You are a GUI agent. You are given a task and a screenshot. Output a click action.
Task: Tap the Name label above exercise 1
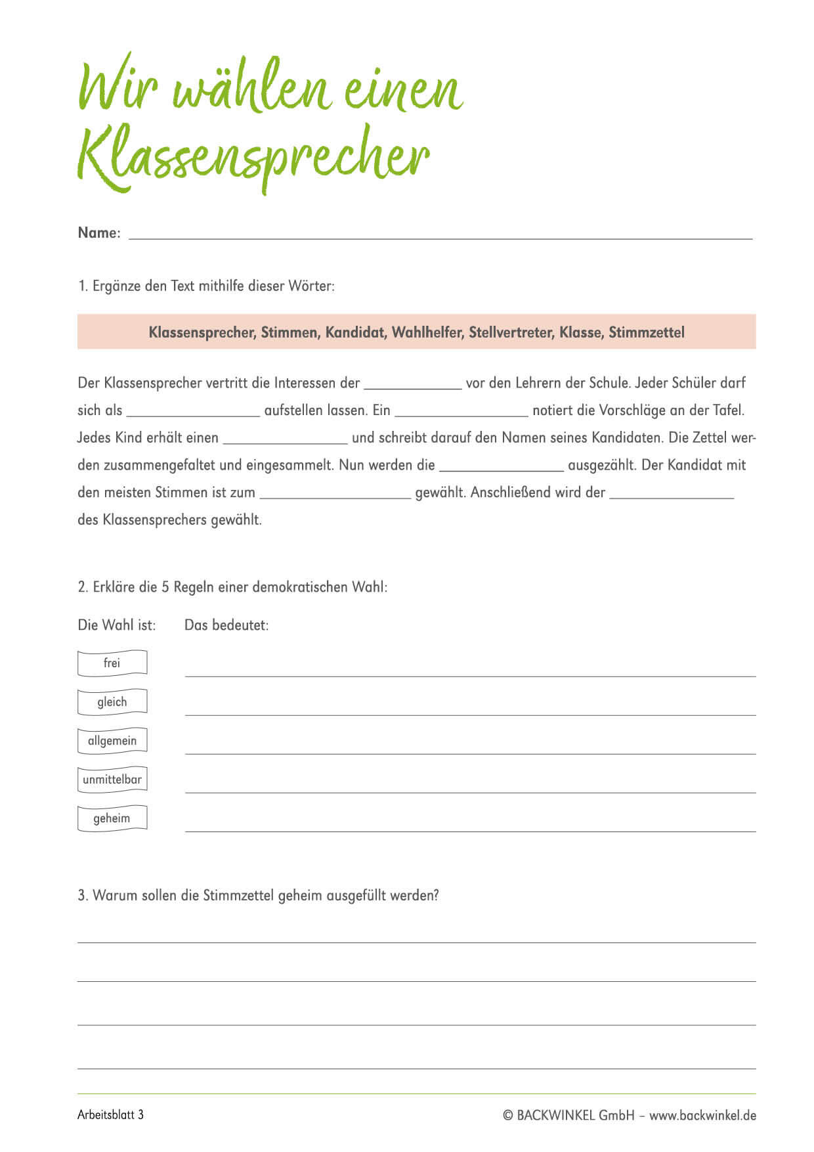pyautogui.click(x=98, y=233)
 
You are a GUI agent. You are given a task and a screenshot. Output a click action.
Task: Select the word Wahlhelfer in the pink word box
pyautogui.click(x=427, y=332)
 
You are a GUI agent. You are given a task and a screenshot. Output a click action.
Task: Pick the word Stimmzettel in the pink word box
pyautogui.click(x=646, y=332)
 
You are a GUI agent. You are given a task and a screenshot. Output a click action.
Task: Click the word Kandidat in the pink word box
pyautogui.click(x=354, y=332)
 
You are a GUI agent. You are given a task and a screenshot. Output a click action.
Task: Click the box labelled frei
pyautogui.click(x=112, y=663)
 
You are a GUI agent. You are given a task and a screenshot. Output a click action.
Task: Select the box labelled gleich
pyautogui.click(x=112, y=702)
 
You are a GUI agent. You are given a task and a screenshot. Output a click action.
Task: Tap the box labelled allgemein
pyautogui.click(x=112, y=741)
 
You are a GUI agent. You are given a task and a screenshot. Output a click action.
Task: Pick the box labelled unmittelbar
pyautogui.click(x=112, y=780)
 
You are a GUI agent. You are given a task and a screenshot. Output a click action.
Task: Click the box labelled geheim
pyautogui.click(x=112, y=818)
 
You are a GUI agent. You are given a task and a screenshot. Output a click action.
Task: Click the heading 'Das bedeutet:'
pyautogui.click(x=226, y=625)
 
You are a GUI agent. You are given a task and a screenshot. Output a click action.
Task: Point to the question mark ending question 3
pyautogui.click(x=435, y=896)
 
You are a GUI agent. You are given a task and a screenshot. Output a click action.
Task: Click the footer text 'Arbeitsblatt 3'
pyautogui.click(x=110, y=1115)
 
